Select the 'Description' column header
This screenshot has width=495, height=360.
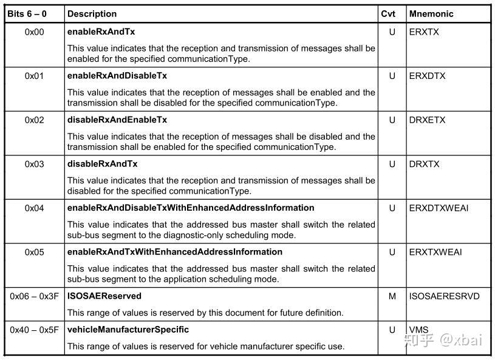[x=92, y=13]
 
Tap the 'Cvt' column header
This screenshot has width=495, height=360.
[x=388, y=13]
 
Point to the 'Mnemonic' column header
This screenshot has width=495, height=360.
[x=431, y=13]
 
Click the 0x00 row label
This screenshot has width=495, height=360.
[x=35, y=32]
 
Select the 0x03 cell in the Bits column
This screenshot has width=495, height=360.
[x=35, y=164]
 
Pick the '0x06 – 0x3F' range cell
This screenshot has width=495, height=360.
[x=34, y=296]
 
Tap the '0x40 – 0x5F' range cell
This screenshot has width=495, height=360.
[x=34, y=330]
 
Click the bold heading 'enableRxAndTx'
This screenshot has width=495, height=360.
[x=101, y=32]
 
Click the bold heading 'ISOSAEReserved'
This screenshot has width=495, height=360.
[x=104, y=296]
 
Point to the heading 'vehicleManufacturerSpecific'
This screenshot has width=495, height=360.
[x=128, y=330]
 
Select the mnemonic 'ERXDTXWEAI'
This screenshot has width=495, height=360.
[x=439, y=208]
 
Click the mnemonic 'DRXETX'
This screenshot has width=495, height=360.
[x=427, y=120]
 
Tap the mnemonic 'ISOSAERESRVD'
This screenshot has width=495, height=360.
[x=444, y=296]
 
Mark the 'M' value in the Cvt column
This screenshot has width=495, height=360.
[x=392, y=296]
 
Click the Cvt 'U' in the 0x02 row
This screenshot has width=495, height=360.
[x=392, y=120]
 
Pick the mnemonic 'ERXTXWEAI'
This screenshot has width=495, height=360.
[x=435, y=252]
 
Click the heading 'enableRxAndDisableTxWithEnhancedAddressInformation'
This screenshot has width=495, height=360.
[x=191, y=208]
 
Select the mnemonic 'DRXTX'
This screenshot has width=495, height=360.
[x=424, y=164]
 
